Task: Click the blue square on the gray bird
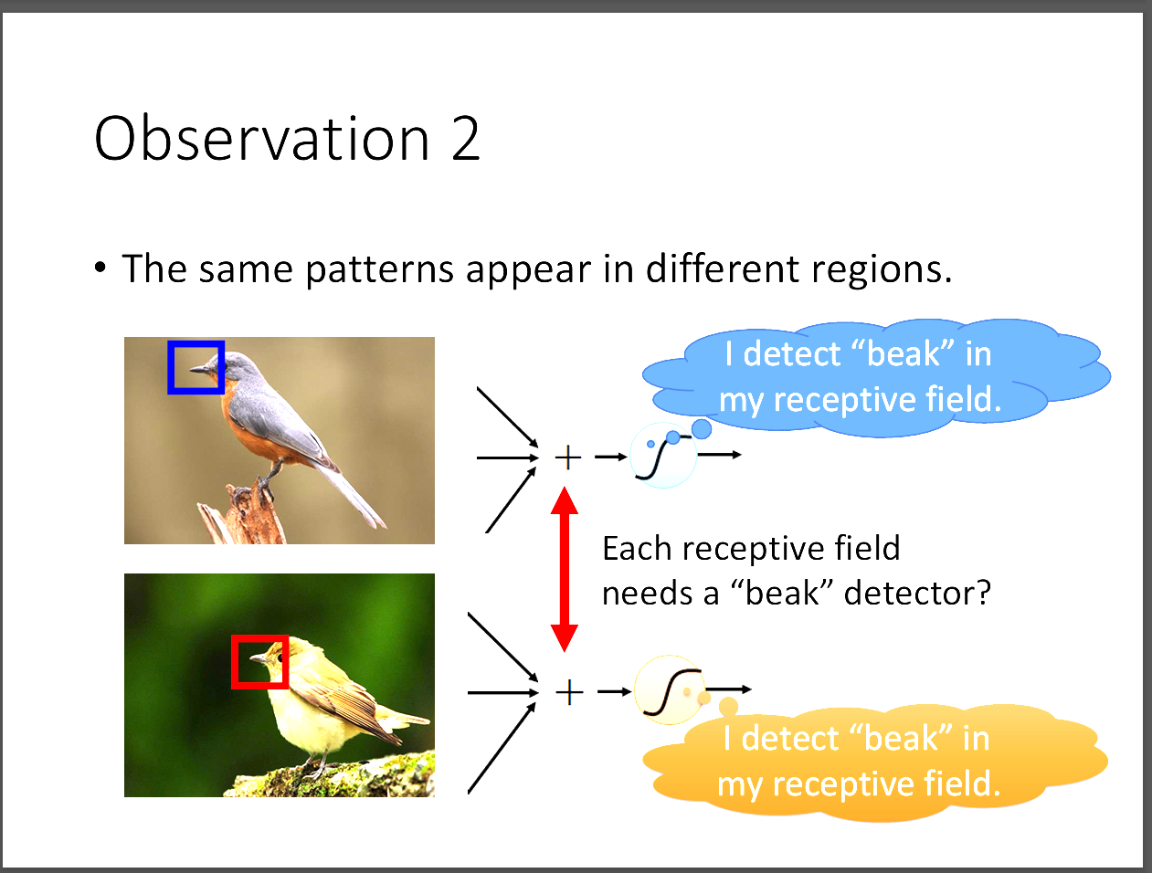[x=169, y=367]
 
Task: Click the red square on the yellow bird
[x=234, y=662]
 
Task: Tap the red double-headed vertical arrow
[x=565, y=569]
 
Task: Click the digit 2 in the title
[x=465, y=139]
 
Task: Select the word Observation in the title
[x=262, y=138]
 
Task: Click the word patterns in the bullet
[x=379, y=269]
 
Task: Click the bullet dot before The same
[x=100, y=268]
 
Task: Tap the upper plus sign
[x=568, y=458]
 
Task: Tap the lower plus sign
[x=569, y=692]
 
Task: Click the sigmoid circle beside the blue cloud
[x=663, y=456]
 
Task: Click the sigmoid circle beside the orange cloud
[x=669, y=689]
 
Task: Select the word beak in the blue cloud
[x=904, y=353]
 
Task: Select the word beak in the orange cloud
[x=901, y=738]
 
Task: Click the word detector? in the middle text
[x=917, y=594]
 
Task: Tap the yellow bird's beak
[x=259, y=657]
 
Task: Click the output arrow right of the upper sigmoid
[x=720, y=455]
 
